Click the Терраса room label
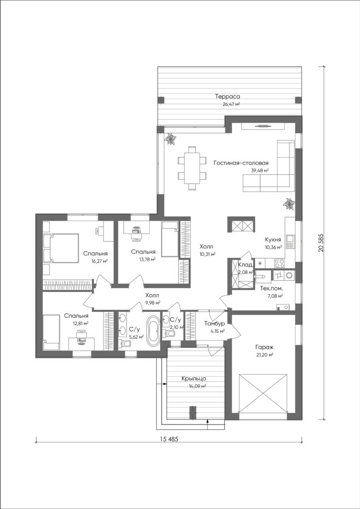(x=227, y=96)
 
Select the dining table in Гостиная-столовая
(x=192, y=168)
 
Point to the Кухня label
(x=272, y=240)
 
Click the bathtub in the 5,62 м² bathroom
(x=152, y=331)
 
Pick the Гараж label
(x=264, y=347)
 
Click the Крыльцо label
(x=194, y=378)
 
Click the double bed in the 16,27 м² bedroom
(x=61, y=249)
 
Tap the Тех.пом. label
(x=271, y=288)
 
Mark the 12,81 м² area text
(x=81, y=323)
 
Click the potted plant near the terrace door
(x=170, y=139)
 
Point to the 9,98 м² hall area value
(x=153, y=303)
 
